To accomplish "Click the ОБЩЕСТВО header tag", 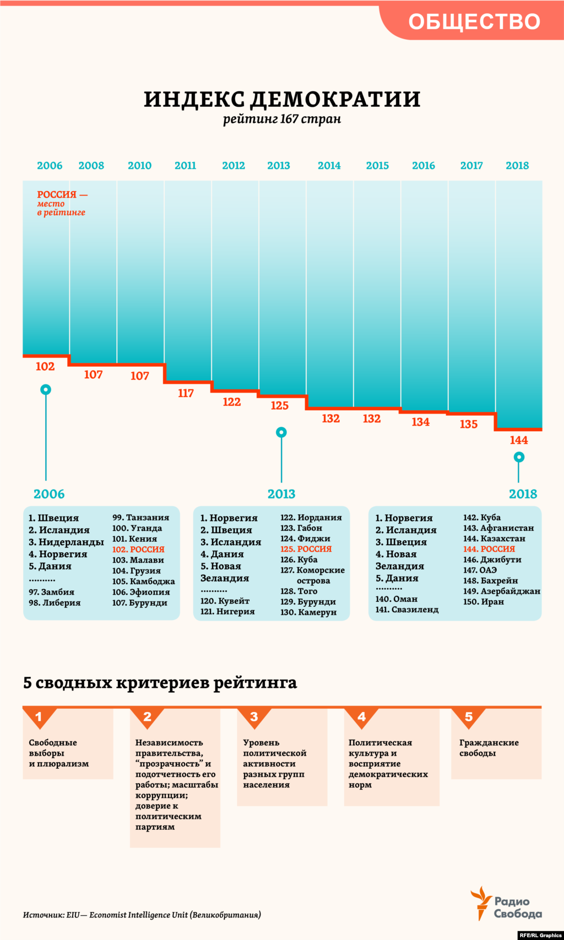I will pyautogui.click(x=474, y=21).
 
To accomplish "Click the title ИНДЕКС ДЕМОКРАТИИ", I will pyautogui.click(x=282, y=99).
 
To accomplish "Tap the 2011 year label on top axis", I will pyautogui.click(x=185, y=165).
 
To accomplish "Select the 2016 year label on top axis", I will pyautogui.click(x=423, y=165).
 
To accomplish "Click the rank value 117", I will pyautogui.click(x=186, y=393).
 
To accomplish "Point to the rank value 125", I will pyautogui.click(x=279, y=405).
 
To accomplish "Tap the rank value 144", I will pyautogui.click(x=518, y=440).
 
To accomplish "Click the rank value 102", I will pyautogui.click(x=45, y=367).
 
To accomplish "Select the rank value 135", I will pyautogui.click(x=468, y=424).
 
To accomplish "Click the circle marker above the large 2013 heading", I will pyautogui.click(x=281, y=432).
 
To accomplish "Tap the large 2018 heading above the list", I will pyautogui.click(x=523, y=494).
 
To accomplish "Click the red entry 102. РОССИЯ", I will pyautogui.click(x=138, y=549).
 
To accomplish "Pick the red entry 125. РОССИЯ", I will pyautogui.click(x=306, y=548).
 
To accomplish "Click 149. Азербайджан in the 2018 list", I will pyautogui.click(x=501, y=591).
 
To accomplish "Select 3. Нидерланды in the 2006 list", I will pyautogui.click(x=66, y=542).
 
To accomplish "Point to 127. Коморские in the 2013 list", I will pyautogui.click(x=312, y=570).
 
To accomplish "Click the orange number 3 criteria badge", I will pyautogui.click(x=254, y=716).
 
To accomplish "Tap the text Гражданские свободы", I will pyautogui.click(x=489, y=747).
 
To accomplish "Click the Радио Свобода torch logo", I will pyautogui.click(x=481, y=903).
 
